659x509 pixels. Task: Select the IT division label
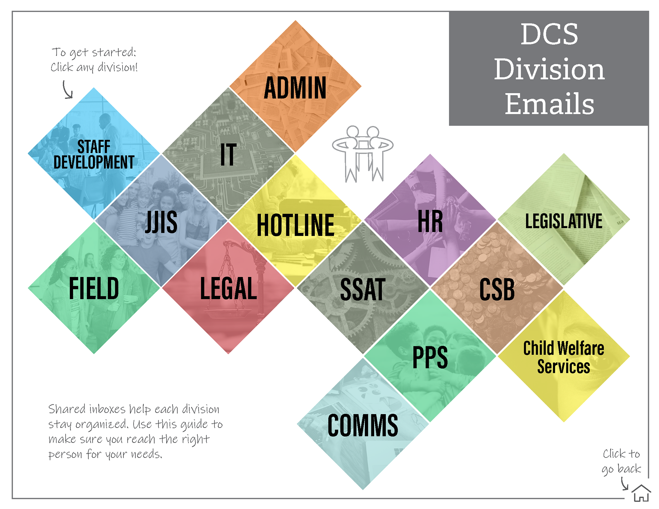pos(228,155)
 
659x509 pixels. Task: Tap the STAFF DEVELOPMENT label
pos(94,155)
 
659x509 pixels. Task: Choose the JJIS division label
pos(161,222)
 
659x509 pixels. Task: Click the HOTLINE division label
pos(296,225)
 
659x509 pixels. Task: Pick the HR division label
pos(430,222)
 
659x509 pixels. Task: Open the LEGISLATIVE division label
pos(564,221)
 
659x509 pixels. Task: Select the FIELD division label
pos(94,289)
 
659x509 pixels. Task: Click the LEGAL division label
pos(228,289)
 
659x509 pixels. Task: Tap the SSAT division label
pos(362,290)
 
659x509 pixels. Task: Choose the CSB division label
pos(497,290)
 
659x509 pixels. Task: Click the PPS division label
pos(430,357)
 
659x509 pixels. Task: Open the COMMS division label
pos(363,425)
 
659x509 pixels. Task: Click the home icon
pos(641,493)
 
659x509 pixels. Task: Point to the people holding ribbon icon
pos(363,153)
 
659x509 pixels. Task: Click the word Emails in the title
pos(549,104)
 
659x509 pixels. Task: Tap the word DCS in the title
pos(549,34)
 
